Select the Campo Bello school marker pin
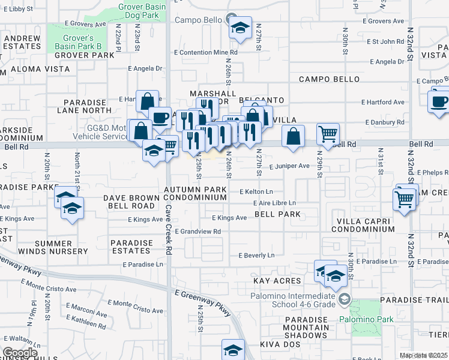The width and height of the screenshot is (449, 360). (x=240, y=28)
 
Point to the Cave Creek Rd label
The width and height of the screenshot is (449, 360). (x=169, y=230)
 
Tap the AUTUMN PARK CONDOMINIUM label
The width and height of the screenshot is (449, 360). (x=196, y=193)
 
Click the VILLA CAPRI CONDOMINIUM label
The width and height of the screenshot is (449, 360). (x=365, y=225)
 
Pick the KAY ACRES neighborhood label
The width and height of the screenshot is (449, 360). (x=277, y=280)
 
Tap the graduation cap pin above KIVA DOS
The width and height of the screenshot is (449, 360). (x=234, y=349)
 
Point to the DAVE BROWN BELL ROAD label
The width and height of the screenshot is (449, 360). (x=131, y=202)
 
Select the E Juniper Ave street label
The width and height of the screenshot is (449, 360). (x=289, y=166)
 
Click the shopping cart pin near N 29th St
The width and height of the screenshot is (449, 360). (x=328, y=134)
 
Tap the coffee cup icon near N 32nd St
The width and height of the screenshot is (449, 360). (x=439, y=100)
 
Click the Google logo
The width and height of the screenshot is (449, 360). (x=20, y=353)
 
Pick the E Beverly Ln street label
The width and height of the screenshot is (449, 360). (x=256, y=256)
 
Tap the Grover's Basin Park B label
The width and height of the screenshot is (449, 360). (x=79, y=41)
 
